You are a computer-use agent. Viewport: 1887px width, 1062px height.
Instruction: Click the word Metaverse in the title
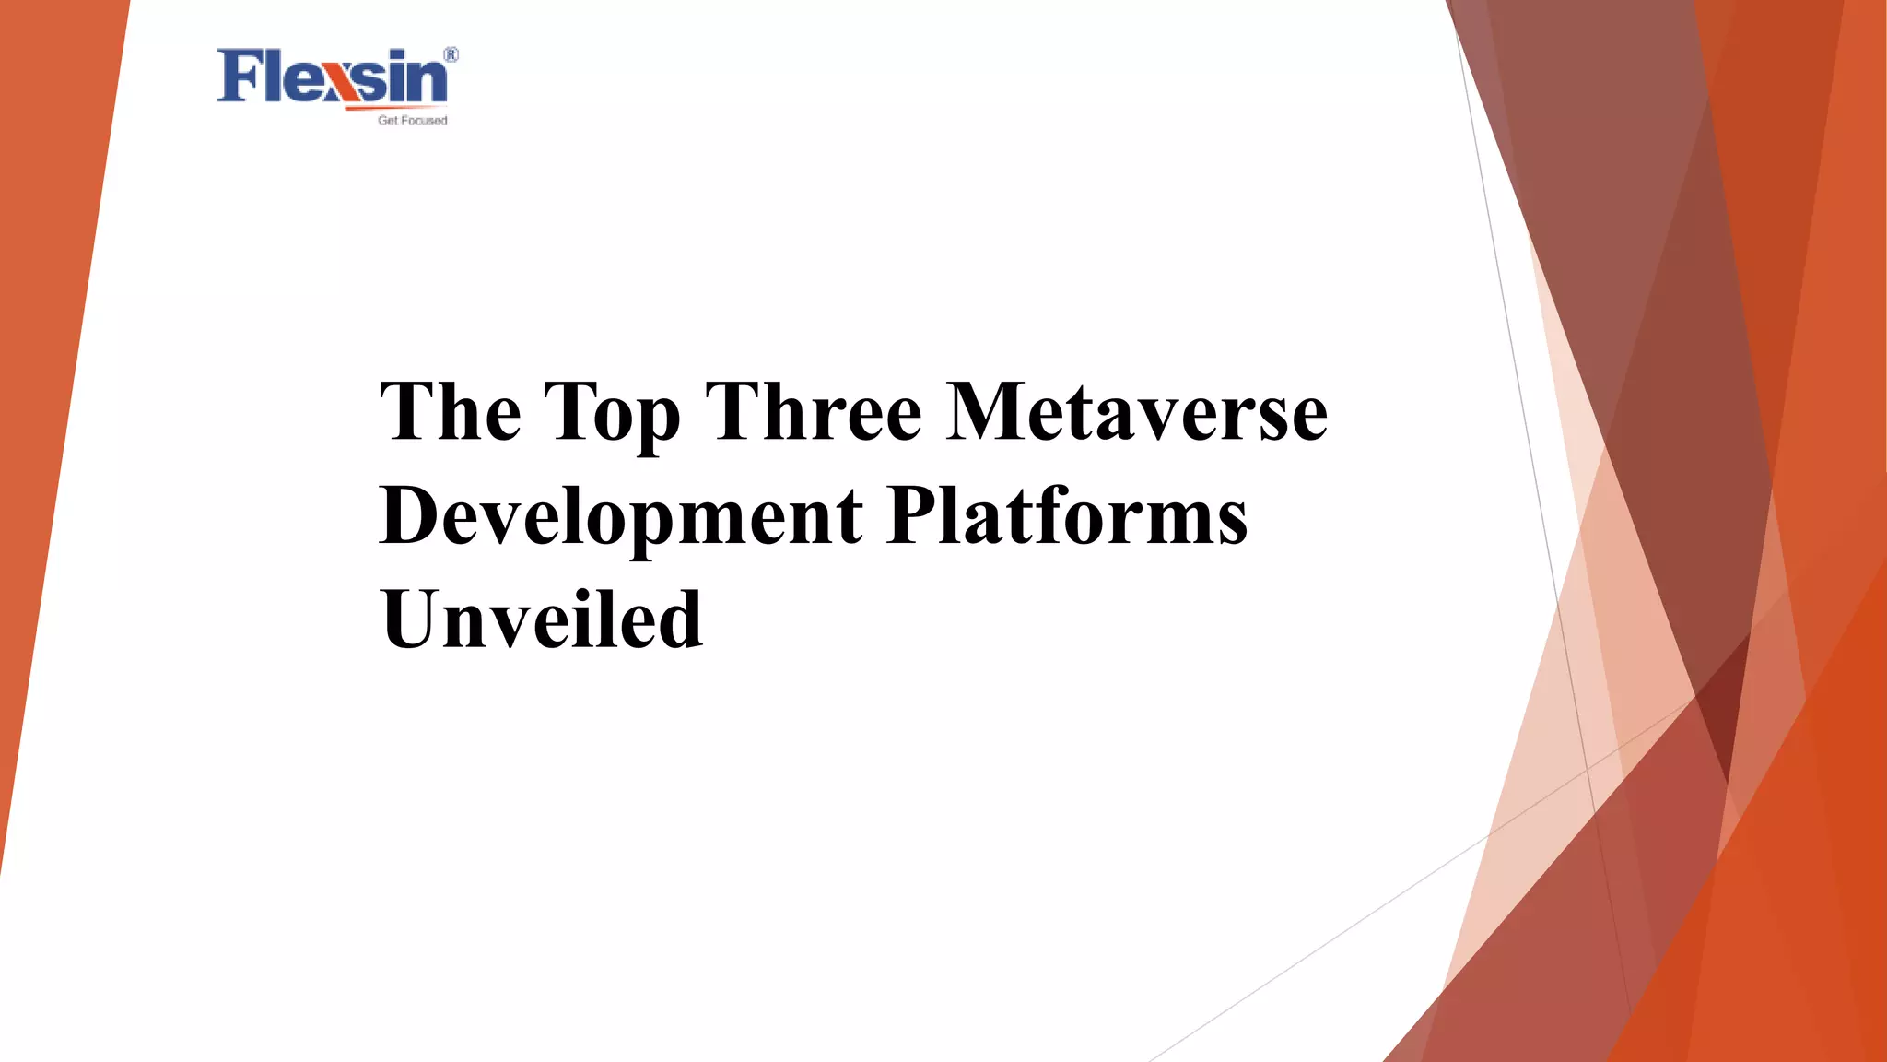(x=1137, y=411)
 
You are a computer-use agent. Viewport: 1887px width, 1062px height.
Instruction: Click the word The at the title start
(x=451, y=411)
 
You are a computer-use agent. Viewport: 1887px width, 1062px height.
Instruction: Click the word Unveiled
(x=542, y=619)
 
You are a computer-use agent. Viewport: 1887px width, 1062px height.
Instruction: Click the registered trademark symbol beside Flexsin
(x=451, y=55)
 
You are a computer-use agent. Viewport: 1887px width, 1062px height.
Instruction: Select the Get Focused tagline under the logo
(x=412, y=121)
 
